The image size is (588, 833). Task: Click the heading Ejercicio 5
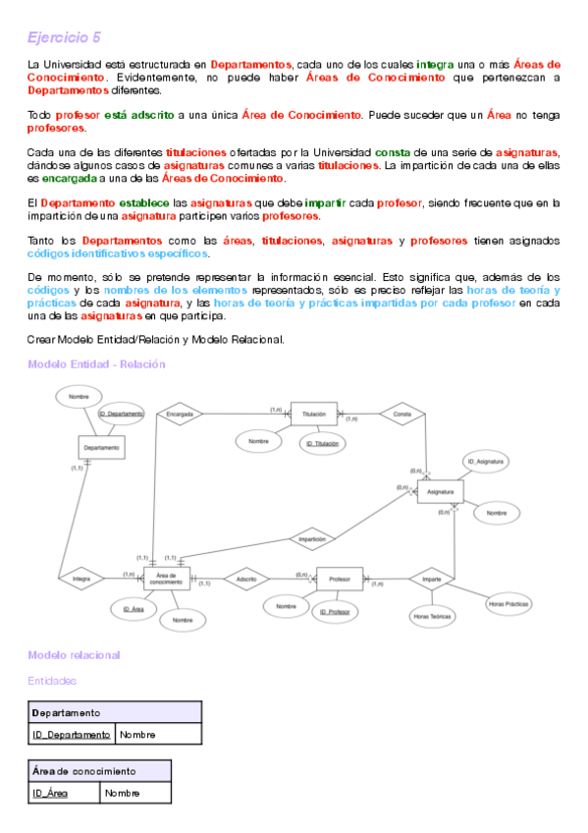tap(64, 37)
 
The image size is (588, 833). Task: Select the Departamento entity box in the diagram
tap(102, 447)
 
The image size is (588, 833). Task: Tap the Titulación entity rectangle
tap(314, 415)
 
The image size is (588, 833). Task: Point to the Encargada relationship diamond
tap(178, 415)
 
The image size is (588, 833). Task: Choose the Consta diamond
tap(401, 415)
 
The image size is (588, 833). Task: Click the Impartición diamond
tap(312, 538)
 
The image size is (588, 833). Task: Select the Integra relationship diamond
tap(81, 580)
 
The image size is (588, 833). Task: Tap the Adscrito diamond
tap(246, 580)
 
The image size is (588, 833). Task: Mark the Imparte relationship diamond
tap(431, 580)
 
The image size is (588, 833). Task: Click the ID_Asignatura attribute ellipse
tap(487, 461)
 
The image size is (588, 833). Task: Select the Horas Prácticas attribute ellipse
tap(510, 604)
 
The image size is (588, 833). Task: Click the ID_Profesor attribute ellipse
tap(336, 612)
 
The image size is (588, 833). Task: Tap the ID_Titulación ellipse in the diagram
tap(322, 444)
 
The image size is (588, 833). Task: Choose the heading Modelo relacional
tap(74, 654)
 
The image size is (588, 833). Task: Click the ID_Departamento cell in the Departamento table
tap(72, 734)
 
